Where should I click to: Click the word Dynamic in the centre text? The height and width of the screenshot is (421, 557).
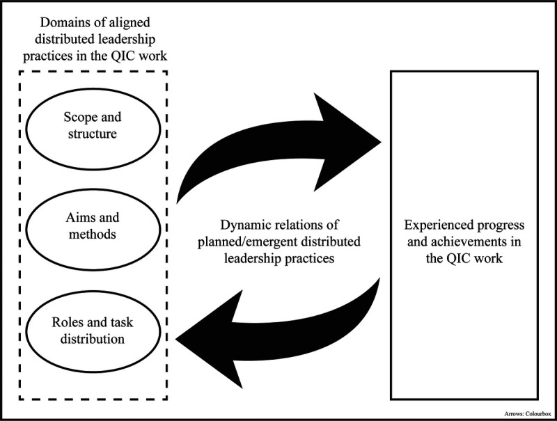click(x=240, y=225)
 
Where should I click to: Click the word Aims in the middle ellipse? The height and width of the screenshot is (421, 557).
click(x=68, y=219)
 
